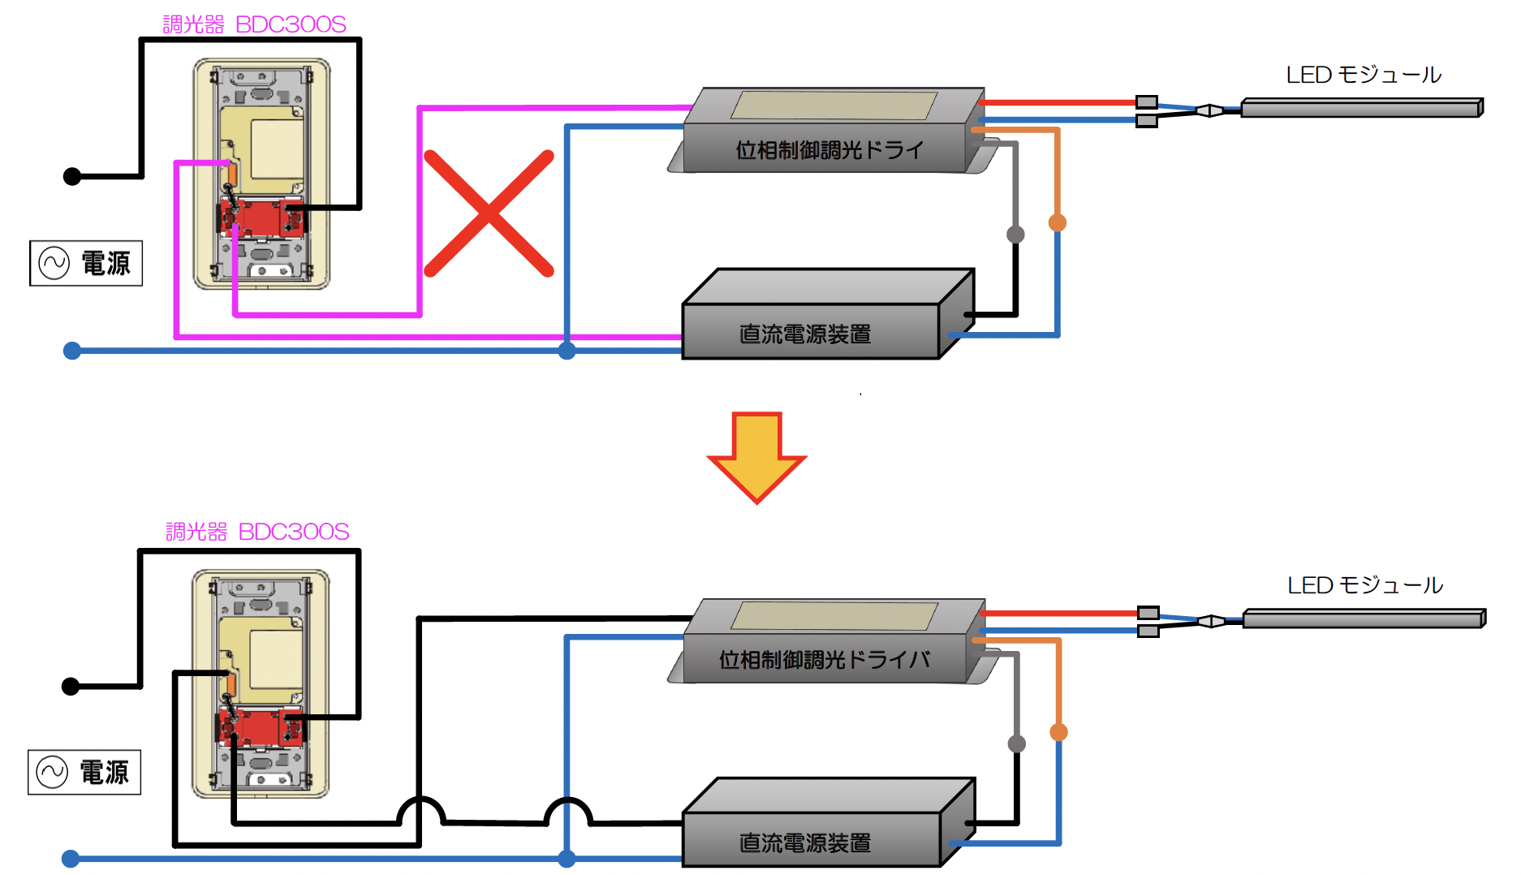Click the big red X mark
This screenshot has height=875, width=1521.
489,213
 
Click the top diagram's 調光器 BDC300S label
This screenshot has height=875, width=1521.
254,24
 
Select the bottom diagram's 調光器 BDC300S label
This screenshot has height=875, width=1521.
257,532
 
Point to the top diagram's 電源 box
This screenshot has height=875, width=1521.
86,263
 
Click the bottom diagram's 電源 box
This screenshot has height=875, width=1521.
84,772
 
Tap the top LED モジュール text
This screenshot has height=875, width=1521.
1364,75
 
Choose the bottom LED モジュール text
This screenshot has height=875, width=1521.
1365,585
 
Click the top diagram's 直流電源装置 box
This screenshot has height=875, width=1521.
828,314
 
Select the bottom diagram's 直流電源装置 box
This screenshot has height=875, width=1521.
828,823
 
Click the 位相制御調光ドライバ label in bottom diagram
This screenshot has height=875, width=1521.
824,659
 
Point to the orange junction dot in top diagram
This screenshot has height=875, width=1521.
1057,222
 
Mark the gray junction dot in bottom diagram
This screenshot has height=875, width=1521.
1016,744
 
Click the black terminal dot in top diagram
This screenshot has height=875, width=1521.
72,176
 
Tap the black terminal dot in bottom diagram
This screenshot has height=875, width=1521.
71,686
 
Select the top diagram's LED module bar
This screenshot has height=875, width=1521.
1362,108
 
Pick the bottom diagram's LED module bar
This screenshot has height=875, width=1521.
1364,619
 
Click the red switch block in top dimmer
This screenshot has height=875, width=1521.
261,218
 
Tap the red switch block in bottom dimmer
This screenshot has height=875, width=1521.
261,727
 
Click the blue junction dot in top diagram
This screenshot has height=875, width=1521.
567,351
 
